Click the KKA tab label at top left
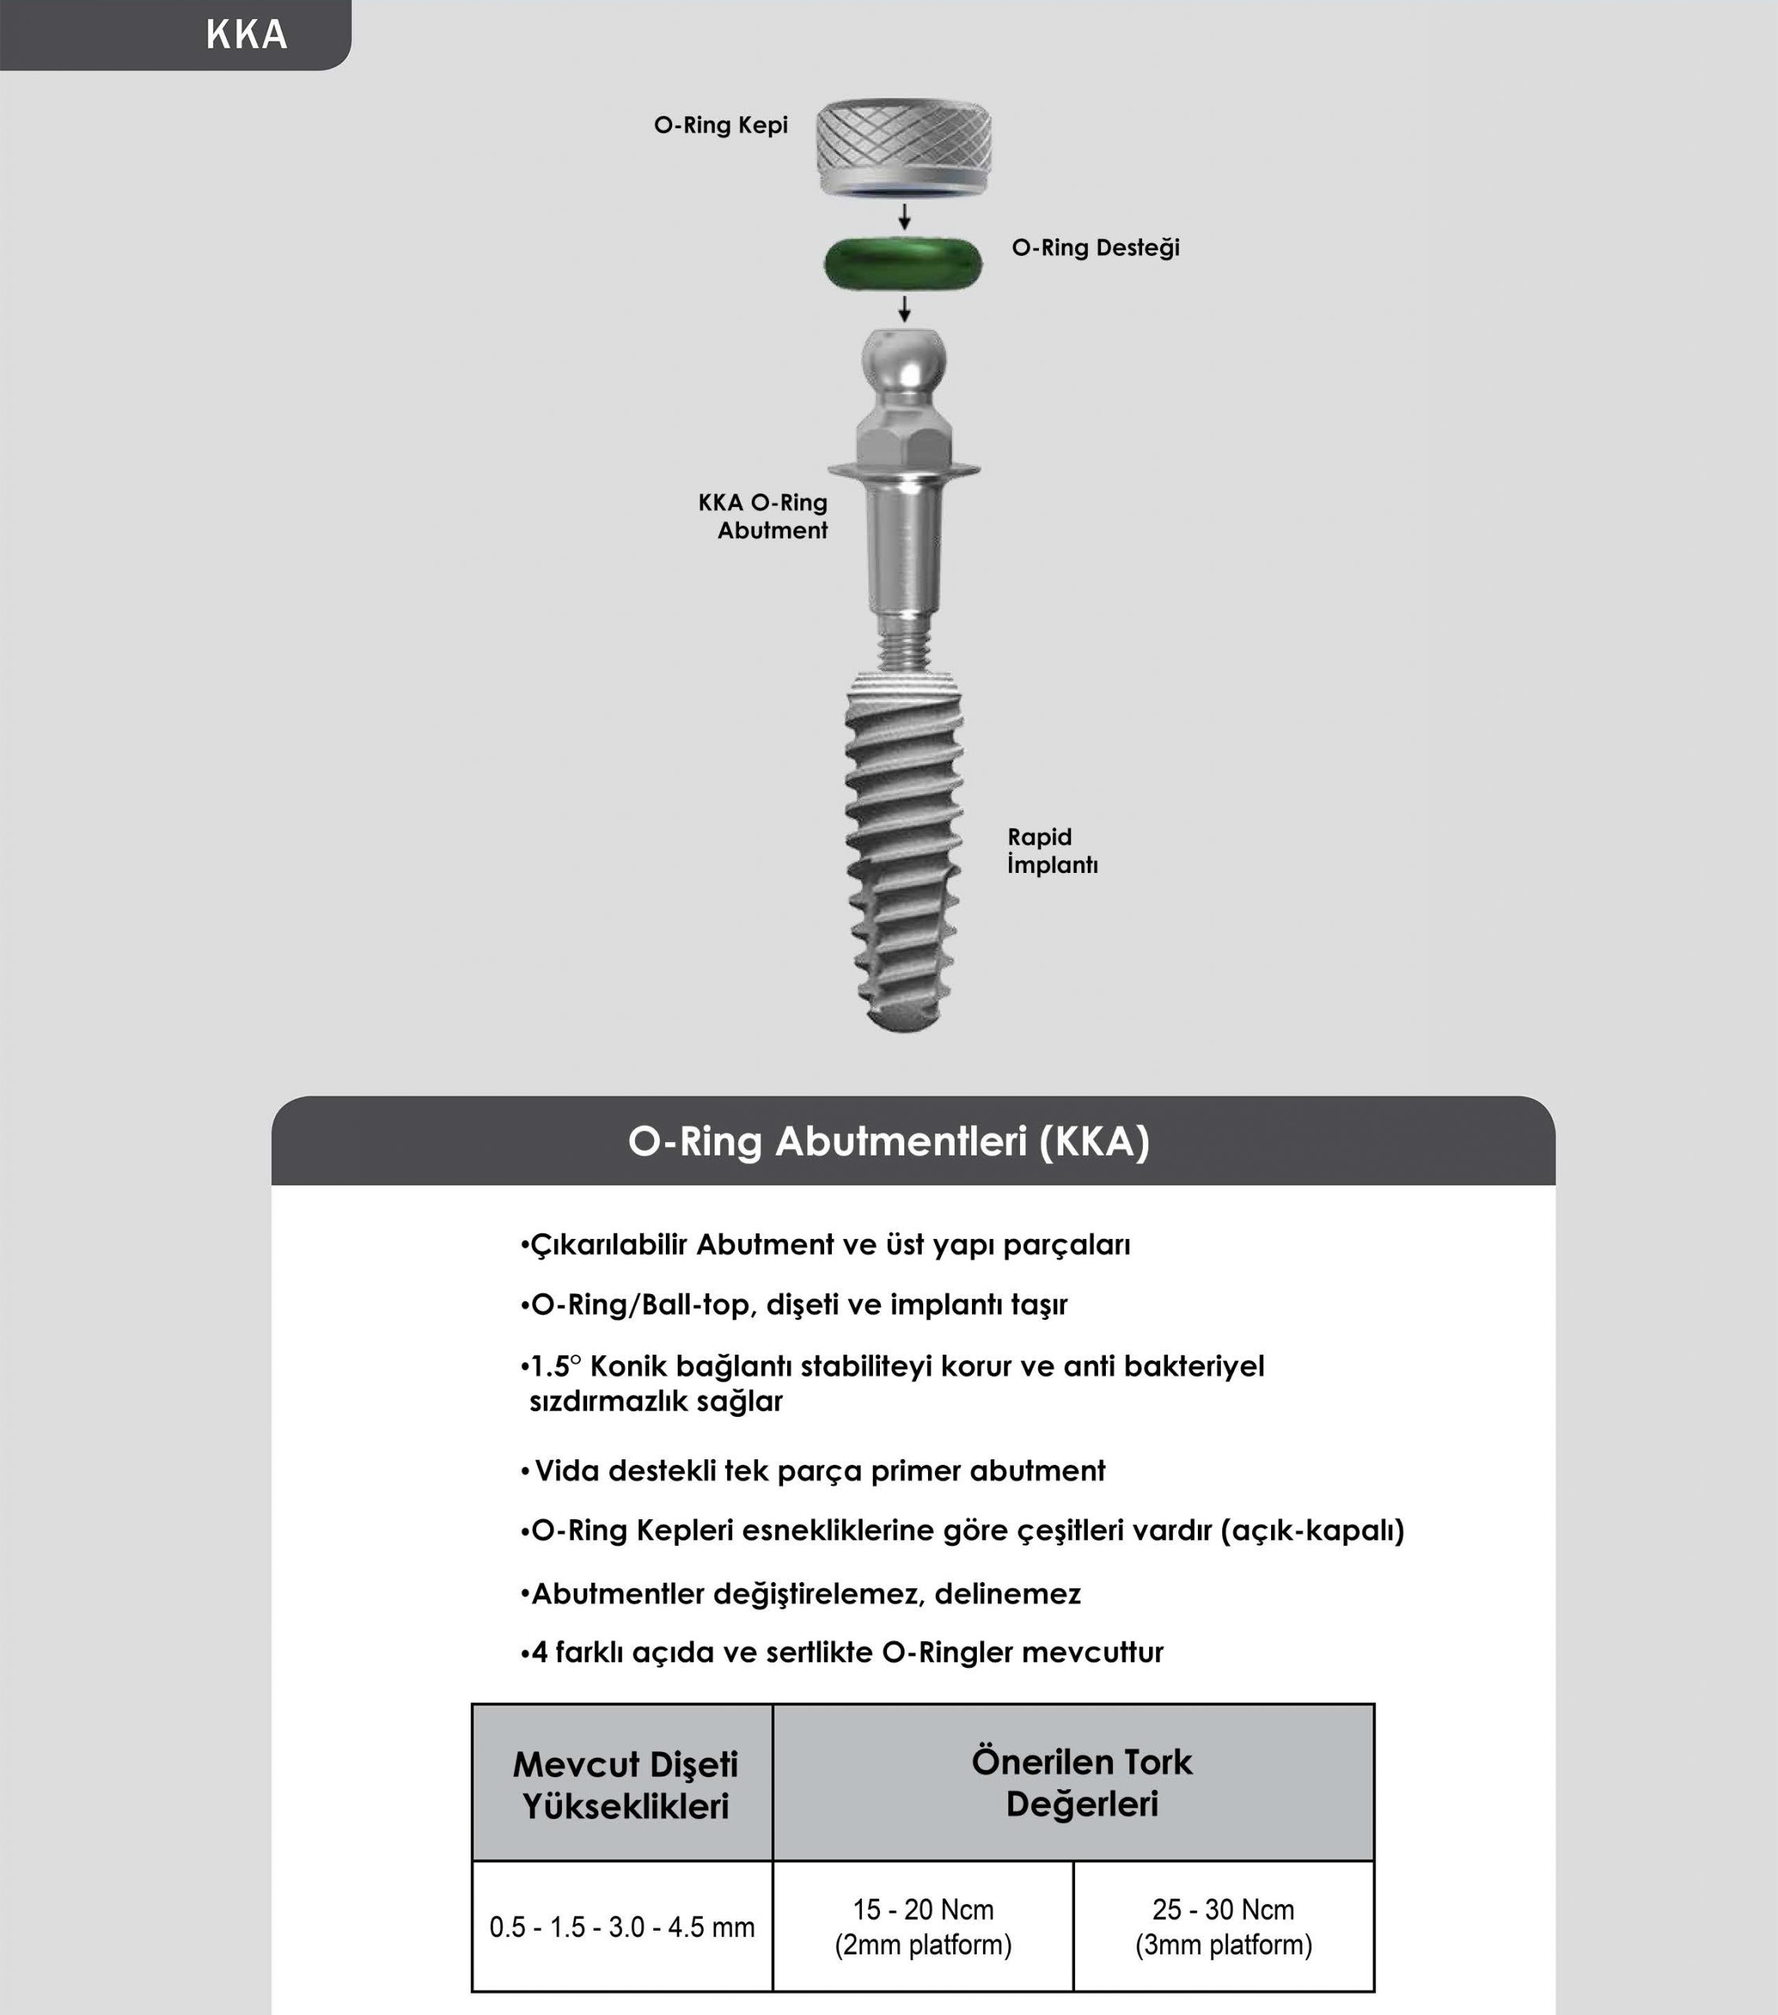click(246, 35)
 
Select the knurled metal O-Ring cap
click(904, 146)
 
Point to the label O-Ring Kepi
click(720, 125)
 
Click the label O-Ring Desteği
click(1095, 247)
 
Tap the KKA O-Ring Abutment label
click(763, 516)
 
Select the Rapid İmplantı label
click(1052, 851)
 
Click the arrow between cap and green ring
click(904, 217)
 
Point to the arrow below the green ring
click(904, 309)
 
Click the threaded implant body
click(903, 848)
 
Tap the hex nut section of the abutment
click(904, 438)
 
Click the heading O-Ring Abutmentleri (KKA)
click(889, 1141)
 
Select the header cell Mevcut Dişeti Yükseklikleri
click(625, 1785)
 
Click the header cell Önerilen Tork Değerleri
click(1081, 1782)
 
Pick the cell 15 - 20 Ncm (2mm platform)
click(922, 1928)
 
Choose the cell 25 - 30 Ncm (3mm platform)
click(1223, 1928)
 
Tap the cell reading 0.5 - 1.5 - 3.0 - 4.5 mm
click(622, 1928)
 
